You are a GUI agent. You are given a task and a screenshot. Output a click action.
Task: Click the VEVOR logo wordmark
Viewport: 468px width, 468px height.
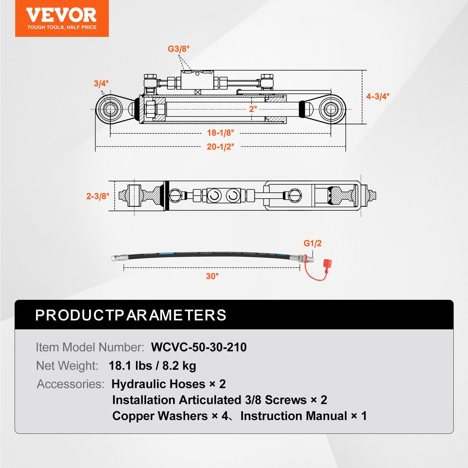pos(61,15)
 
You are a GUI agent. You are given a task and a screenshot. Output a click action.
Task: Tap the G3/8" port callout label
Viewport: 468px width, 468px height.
pos(178,49)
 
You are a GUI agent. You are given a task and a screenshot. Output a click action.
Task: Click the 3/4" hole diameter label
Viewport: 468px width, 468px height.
pos(101,84)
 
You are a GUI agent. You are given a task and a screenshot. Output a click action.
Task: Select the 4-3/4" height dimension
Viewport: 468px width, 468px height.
pos(377,97)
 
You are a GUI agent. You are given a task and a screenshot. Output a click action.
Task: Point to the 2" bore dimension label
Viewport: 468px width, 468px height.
pos(253,109)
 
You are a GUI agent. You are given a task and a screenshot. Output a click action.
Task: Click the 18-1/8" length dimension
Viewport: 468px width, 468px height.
pos(220,133)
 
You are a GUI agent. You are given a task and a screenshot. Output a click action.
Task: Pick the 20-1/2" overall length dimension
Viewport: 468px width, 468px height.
pos(220,147)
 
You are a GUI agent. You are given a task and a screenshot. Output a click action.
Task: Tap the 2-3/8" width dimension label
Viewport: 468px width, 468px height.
pos(97,196)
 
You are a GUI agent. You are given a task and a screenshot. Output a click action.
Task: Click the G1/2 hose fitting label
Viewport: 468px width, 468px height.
pos(312,243)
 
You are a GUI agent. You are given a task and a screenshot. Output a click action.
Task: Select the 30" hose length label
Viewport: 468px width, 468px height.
pos(212,276)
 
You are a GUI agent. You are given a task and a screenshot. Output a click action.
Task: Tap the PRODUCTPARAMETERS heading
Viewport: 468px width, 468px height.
pos(131,315)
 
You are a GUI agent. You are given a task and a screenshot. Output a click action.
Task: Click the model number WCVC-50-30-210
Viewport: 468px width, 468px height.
pos(199,347)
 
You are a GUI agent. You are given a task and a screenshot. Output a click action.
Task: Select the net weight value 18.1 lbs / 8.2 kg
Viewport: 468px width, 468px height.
pos(152,366)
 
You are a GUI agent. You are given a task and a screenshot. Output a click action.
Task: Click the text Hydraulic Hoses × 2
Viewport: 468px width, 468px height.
pos(168,384)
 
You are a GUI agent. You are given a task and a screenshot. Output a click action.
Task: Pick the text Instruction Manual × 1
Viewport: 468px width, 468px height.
pos(303,416)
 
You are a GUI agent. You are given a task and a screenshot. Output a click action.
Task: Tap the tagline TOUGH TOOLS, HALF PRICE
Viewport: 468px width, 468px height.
pos(62,27)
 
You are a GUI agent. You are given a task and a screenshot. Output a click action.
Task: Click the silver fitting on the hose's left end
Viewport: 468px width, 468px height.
pos(117,258)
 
